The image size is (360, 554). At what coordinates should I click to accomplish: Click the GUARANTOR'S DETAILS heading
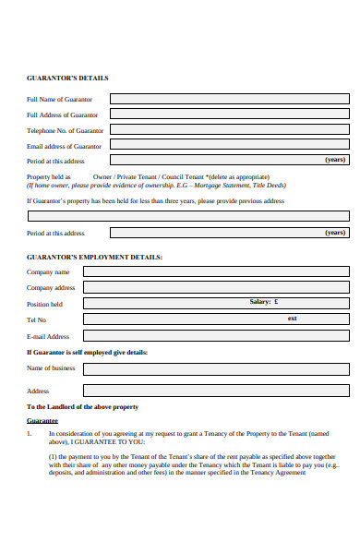67,78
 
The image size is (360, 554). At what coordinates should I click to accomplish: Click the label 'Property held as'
49,175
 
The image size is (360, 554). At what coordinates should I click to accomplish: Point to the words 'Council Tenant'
182,175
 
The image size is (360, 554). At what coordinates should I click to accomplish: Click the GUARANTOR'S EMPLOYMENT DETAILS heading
94,256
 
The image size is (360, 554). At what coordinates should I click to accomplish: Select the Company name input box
216,271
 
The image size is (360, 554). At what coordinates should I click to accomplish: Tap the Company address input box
216,287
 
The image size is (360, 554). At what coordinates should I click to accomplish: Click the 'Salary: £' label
264,302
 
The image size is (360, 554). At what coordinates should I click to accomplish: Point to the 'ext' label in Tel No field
293,318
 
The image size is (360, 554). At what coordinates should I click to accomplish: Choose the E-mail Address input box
216,335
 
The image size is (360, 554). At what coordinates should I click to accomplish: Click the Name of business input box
216,367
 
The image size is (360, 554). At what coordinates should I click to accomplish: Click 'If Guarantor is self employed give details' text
87,352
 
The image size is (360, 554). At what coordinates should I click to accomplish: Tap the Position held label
44,304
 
